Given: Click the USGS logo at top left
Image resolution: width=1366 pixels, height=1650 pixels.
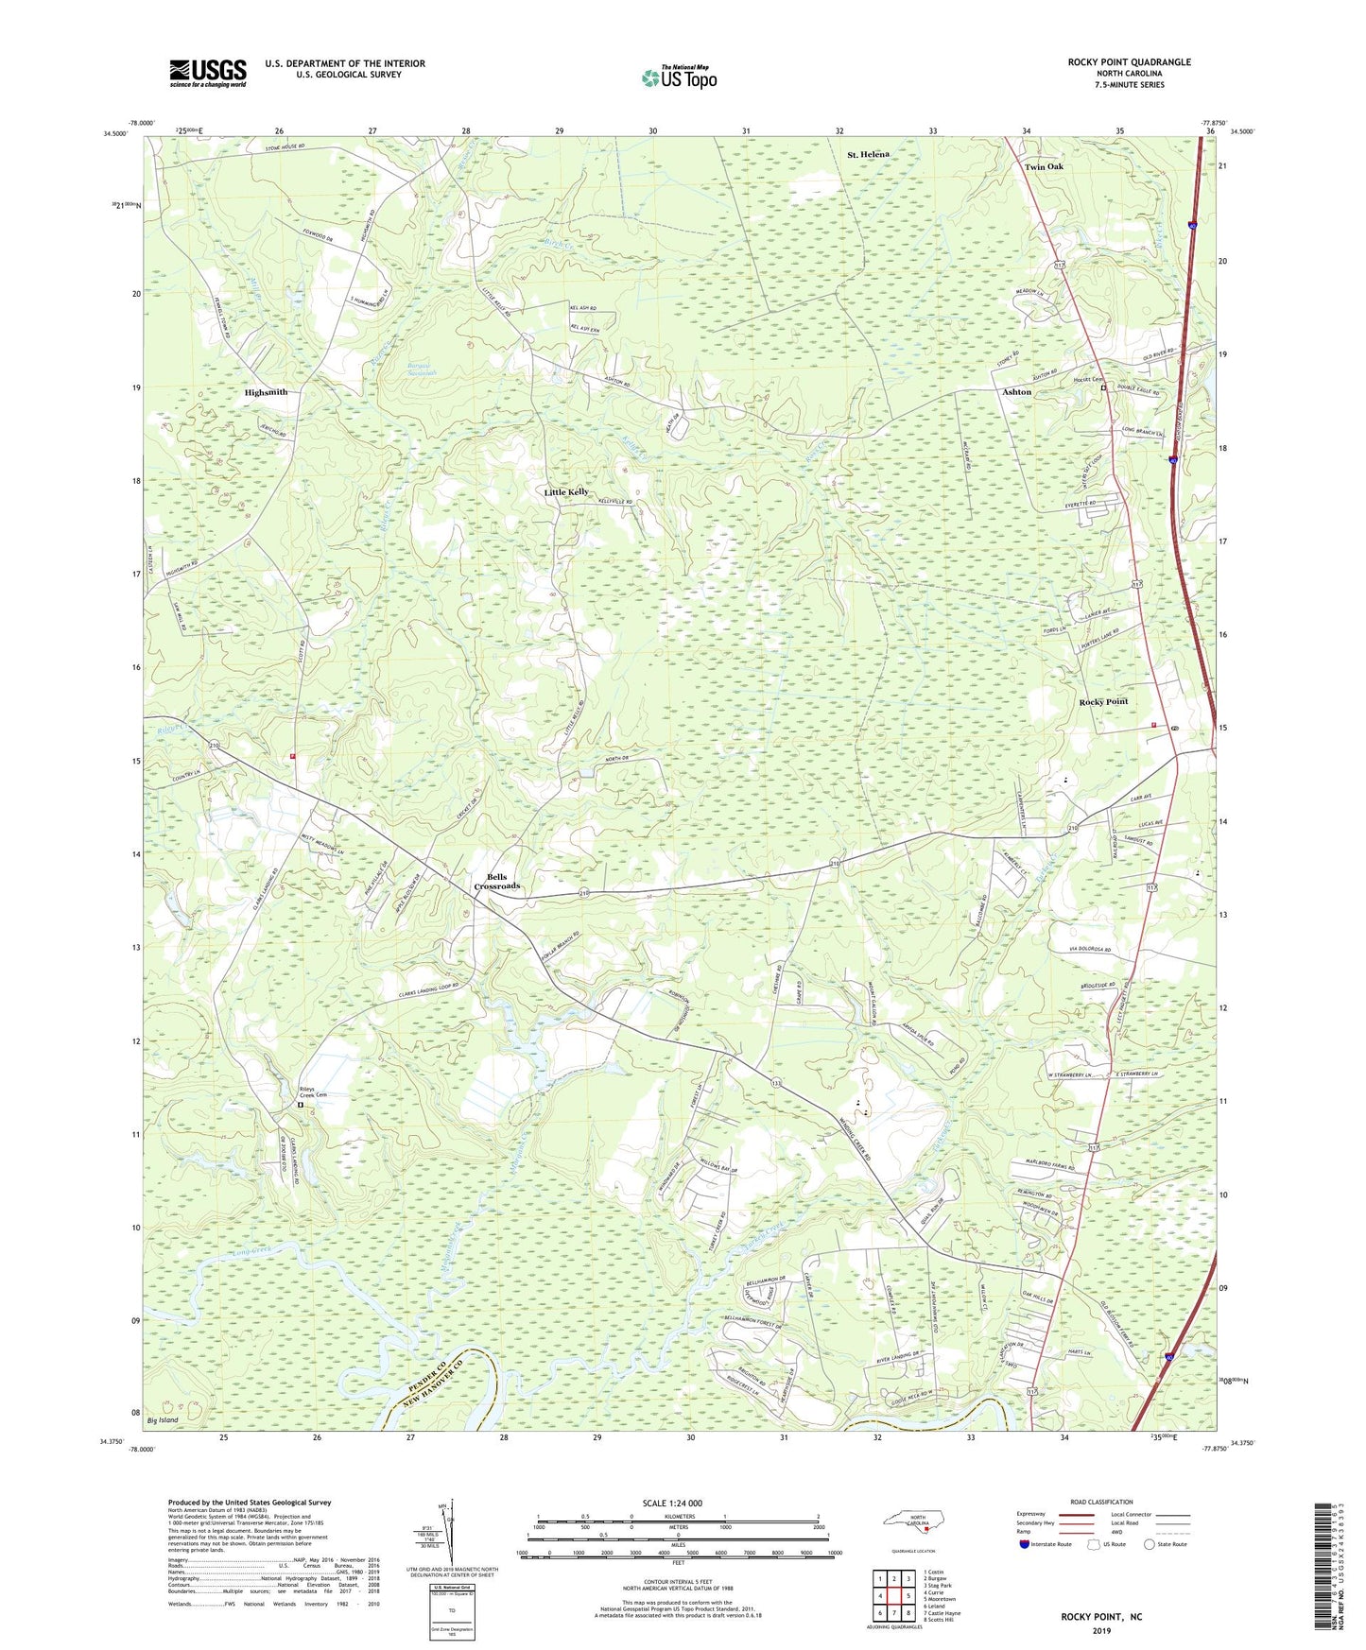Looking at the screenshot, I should pyautogui.click(x=208, y=73).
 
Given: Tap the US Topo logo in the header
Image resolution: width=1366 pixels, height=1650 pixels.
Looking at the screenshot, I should pyautogui.click(x=679, y=77).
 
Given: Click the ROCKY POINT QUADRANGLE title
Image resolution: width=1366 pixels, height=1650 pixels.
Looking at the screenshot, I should pyautogui.click(x=1129, y=62).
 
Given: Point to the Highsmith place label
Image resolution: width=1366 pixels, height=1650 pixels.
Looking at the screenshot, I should pyautogui.click(x=266, y=392).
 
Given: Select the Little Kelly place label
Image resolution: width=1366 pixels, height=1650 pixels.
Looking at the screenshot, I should pyautogui.click(x=566, y=492).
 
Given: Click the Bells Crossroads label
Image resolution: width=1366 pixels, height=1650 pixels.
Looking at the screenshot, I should pyautogui.click(x=496, y=881).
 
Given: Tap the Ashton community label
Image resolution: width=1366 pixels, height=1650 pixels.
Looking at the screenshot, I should pyautogui.click(x=1016, y=391).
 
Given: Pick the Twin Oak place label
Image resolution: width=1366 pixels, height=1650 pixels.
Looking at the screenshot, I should pyautogui.click(x=1044, y=167).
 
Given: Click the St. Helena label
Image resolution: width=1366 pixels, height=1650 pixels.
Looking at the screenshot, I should pyautogui.click(x=867, y=154).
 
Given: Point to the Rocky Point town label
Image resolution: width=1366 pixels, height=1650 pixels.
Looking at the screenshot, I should pyautogui.click(x=1103, y=702).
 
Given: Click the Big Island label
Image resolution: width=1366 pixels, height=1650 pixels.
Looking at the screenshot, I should pyautogui.click(x=163, y=1420).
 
